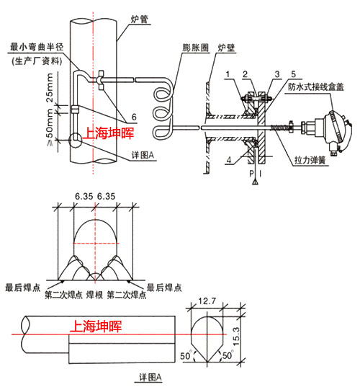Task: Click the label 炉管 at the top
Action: pyautogui.click(x=139, y=19)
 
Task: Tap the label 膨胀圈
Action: pyautogui.click(x=196, y=48)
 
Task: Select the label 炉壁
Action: pyautogui.click(x=226, y=48)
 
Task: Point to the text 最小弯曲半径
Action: pyautogui.click(x=37, y=47)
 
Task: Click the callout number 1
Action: pyautogui.click(x=228, y=74)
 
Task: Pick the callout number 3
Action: pyautogui.click(x=277, y=74)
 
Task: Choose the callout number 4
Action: pyautogui.click(x=229, y=160)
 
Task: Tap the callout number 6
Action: pyautogui.click(x=134, y=117)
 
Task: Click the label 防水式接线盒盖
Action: pyautogui.click(x=316, y=87)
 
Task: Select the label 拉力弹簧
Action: pyautogui.click(x=310, y=161)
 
